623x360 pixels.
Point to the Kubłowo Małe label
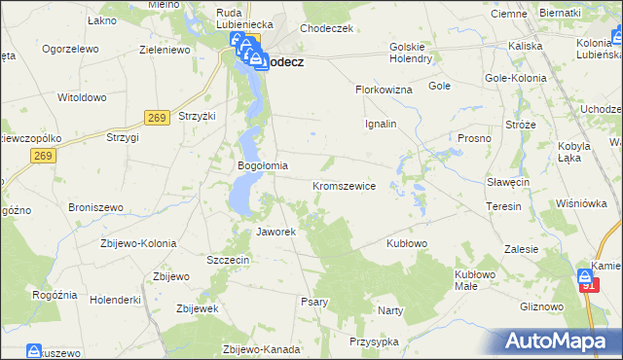coord(474,280)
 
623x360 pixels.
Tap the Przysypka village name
coord(374,342)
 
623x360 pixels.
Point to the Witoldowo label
coord(81,98)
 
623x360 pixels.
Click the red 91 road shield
coord(588,286)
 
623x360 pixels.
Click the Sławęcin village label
coord(507,182)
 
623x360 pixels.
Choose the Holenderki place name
coord(114,299)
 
